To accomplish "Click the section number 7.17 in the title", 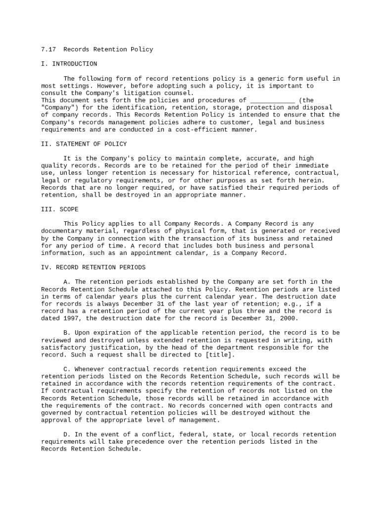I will click(x=48, y=50).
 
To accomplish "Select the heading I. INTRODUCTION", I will click(x=69, y=64).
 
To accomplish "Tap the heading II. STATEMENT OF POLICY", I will click(x=84, y=144).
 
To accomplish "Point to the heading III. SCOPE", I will click(x=59, y=209).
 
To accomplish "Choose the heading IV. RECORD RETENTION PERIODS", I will click(x=93, y=267).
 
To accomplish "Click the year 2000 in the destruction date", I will click(x=289, y=318).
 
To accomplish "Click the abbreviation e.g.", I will click(x=295, y=304).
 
